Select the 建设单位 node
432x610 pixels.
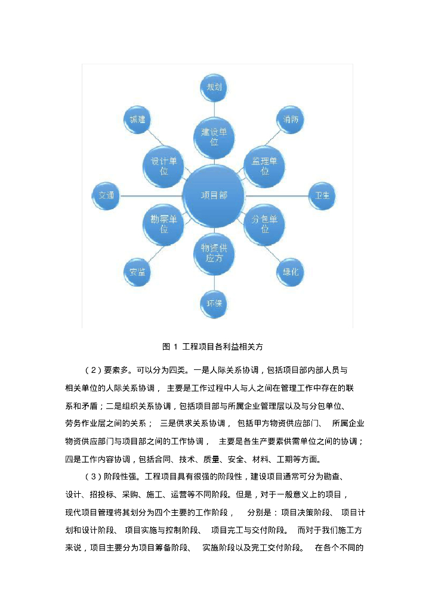pyautogui.click(x=213, y=136)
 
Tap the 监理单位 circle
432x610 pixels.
pyautogui.click(x=265, y=166)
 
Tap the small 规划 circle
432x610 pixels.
pyautogui.click(x=214, y=88)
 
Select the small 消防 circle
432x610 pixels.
pyautogui.click(x=291, y=120)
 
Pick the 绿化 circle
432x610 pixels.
pyautogui.click(x=291, y=272)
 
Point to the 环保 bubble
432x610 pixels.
pyautogui.click(x=214, y=304)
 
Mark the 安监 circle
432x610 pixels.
pyautogui.click(x=137, y=272)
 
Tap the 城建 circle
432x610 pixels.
pyautogui.click(x=137, y=120)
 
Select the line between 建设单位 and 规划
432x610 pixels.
pyautogui.click(x=214, y=109)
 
